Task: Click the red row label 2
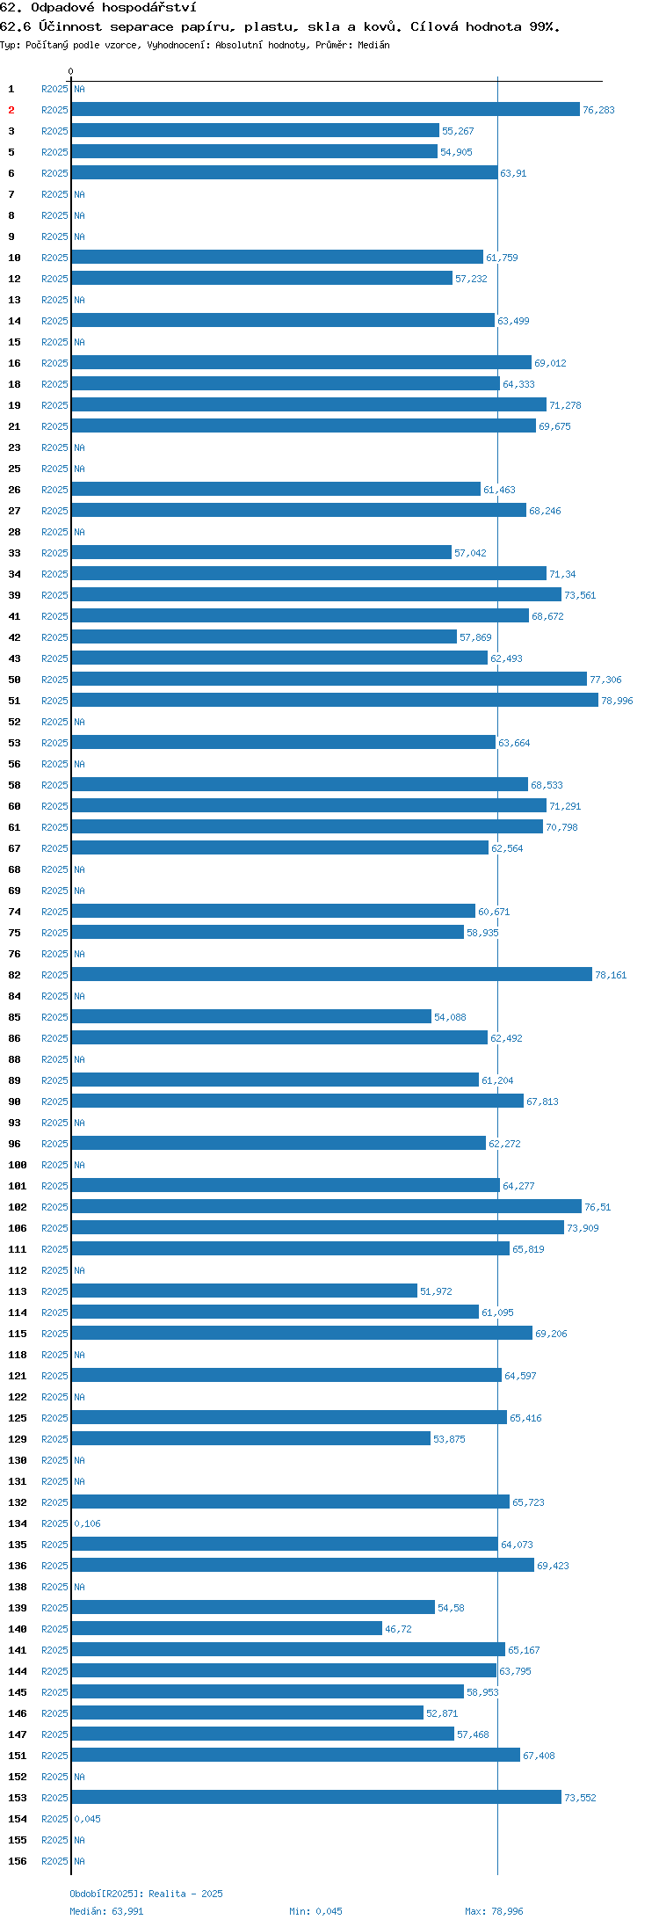tap(11, 110)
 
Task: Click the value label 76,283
tap(598, 110)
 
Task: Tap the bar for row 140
tap(227, 1628)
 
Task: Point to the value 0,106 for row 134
tap(87, 1523)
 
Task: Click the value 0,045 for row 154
tap(87, 1819)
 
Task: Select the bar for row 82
tap(332, 974)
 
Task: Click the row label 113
tap(17, 1291)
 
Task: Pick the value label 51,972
tap(436, 1291)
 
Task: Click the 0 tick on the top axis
tap(71, 71)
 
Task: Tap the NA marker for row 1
tap(79, 89)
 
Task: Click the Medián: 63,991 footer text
tap(106, 1911)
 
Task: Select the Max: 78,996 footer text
tap(494, 1911)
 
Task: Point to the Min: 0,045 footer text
tap(315, 1911)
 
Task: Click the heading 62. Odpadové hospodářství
tap(98, 7)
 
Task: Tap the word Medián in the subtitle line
tap(373, 45)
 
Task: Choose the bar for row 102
tap(327, 1206)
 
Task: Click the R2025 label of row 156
tap(54, 1861)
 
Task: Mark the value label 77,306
tap(605, 680)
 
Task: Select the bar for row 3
tap(256, 130)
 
